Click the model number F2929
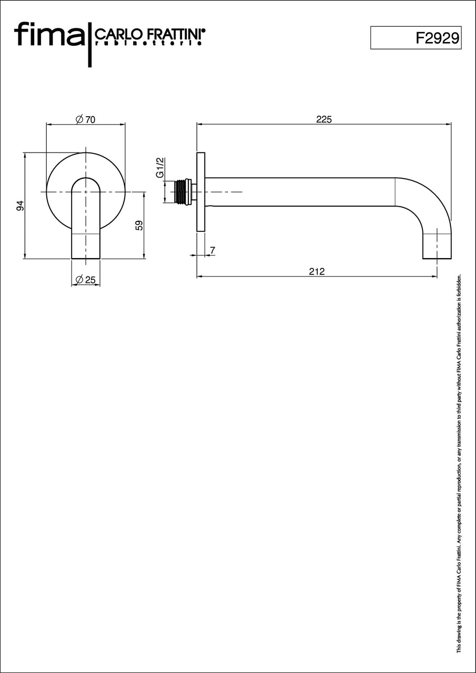click(438, 38)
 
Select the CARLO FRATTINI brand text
click(150, 34)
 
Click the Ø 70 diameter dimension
click(86, 119)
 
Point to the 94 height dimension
click(20, 206)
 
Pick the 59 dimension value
click(139, 226)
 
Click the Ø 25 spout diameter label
click(86, 280)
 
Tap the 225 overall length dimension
click(324, 119)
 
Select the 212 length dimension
click(317, 272)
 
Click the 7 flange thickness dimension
click(213, 250)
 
